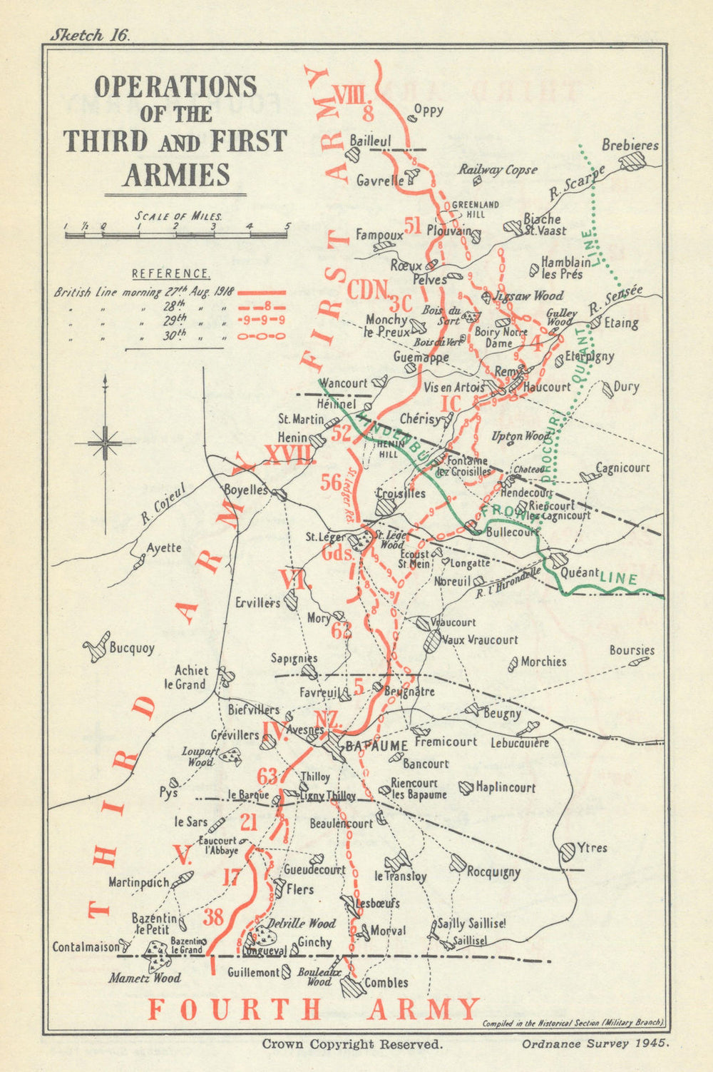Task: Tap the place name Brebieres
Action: click(x=630, y=145)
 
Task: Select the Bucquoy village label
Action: click(x=131, y=649)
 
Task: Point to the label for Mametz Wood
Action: click(x=144, y=978)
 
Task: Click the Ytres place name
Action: click(x=592, y=848)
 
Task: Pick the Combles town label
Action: click(x=386, y=983)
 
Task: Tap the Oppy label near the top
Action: click(x=429, y=110)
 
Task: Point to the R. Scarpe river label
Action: click(x=576, y=183)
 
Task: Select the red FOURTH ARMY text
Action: click(x=314, y=1009)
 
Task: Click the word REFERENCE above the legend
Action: click(x=171, y=273)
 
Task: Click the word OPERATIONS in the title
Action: click(x=175, y=87)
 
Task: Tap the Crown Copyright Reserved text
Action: click(x=352, y=1043)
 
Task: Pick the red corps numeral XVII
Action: click(x=289, y=455)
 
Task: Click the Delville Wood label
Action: click(x=302, y=924)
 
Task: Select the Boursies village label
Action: click(x=632, y=650)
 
